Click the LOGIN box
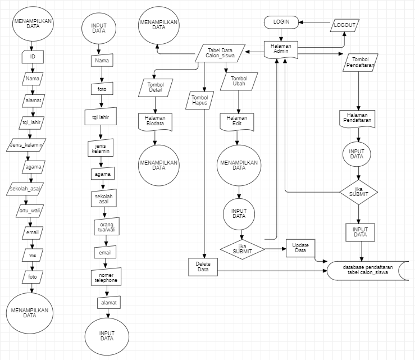(x=281, y=21)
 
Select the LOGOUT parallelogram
(x=344, y=25)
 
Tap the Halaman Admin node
(x=281, y=48)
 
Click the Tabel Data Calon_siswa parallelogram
(x=220, y=53)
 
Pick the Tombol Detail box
(x=154, y=88)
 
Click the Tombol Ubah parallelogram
(x=239, y=81)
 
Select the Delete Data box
(x=203, y=266)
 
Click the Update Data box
(x=300, y=248)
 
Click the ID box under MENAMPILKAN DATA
(x=32, y=57)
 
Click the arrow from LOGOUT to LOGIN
(x=314, y=22)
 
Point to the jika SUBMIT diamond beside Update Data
(x=242, y=249)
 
